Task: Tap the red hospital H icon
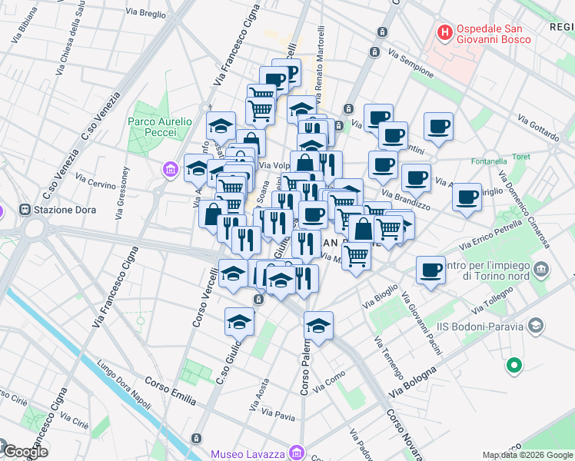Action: point(444,32)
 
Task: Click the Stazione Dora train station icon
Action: point(25,209)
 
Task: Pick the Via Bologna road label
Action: point(413,381)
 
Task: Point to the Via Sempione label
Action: point(411,62)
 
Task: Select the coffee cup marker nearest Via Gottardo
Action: point(438,127)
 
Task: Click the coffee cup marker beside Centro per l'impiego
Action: point(430,270)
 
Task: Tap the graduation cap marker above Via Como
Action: point(318,326)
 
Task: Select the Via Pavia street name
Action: point(278,416)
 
